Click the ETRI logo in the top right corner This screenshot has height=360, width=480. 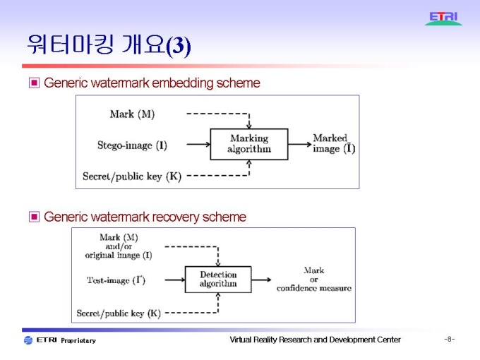(443, 18)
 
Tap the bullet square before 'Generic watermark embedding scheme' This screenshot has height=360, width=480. (34, 83)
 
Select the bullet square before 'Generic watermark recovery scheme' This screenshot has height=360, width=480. (34, 217)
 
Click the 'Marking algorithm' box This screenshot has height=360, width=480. (248, 144)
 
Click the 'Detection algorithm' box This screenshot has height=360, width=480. (218, 280)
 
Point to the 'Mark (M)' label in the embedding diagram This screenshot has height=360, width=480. (132, 114)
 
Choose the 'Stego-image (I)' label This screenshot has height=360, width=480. (132, 145)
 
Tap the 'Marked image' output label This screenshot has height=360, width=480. (333, 143)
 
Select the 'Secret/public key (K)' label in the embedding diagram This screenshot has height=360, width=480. (132, 176)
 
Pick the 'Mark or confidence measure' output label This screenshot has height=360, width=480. (313, 280)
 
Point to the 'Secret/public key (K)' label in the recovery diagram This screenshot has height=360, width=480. (119, 313)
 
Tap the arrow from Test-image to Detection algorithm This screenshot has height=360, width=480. (167, 280)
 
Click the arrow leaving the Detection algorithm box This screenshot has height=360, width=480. (263, 280)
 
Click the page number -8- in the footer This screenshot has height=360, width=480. (449, 340)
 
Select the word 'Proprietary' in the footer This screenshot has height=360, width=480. (78, 341)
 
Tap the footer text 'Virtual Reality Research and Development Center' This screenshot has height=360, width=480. (315, 340)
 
